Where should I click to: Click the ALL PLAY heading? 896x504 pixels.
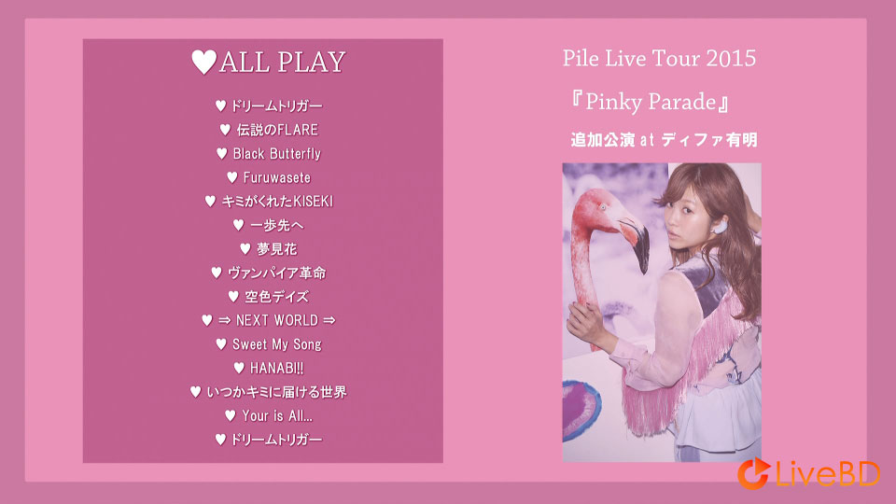pyautogui.click(x=268, y=63)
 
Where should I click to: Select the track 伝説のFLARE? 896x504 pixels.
pyautogui.click(x=269, y=130)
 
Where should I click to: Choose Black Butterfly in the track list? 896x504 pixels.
pyautogui.click(x=269, y=153)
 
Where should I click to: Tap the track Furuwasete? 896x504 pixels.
pyautogui.click(x=269, y=177)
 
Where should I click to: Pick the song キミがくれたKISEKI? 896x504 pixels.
pyautogui.click(x=269, y=201)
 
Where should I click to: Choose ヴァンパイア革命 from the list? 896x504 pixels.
pyautogui.click(x=269, y=273)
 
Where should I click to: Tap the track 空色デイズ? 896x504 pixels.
pyautogui.click(x=269, y=297)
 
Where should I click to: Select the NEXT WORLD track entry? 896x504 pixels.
pyautogui.click(x=269, y=320)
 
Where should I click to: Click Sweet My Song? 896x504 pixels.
pyautogui.click(x=269, y=344)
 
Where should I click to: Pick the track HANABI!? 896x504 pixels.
pyautogui.click(x=269, y=368)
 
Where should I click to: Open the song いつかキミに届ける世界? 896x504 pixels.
pyautogui.click(x=269, y=392)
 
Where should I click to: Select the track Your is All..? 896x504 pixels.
pyautogui.click(x=269, y=415)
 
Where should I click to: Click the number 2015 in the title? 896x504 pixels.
pyautogui.click(x=731, y=59)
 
